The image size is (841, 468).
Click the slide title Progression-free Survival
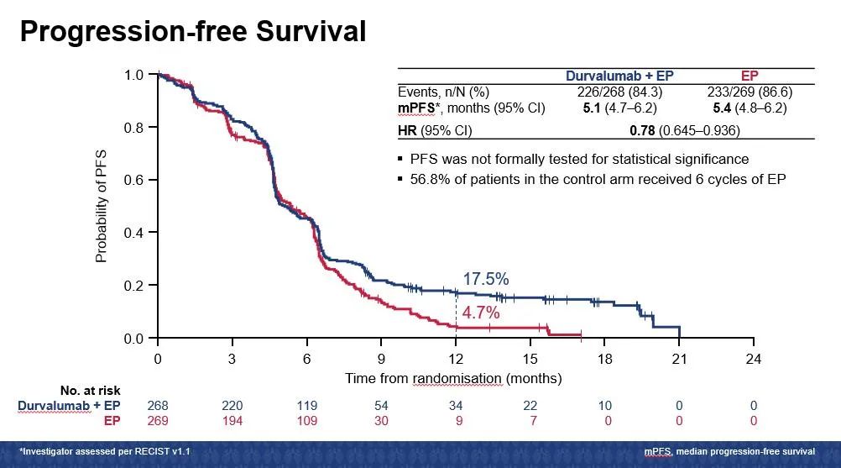193,31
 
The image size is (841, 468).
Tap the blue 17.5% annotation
485,279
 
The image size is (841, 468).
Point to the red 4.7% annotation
480,313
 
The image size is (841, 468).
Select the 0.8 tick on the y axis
134,128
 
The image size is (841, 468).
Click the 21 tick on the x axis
679,358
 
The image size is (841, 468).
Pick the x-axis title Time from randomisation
453,378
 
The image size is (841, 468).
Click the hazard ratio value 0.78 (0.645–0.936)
685,131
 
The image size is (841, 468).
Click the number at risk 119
306,406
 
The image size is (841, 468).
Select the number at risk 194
232,420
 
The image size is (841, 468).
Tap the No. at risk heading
90,391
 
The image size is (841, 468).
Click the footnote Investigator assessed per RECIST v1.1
105,452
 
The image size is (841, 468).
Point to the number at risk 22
530,406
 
